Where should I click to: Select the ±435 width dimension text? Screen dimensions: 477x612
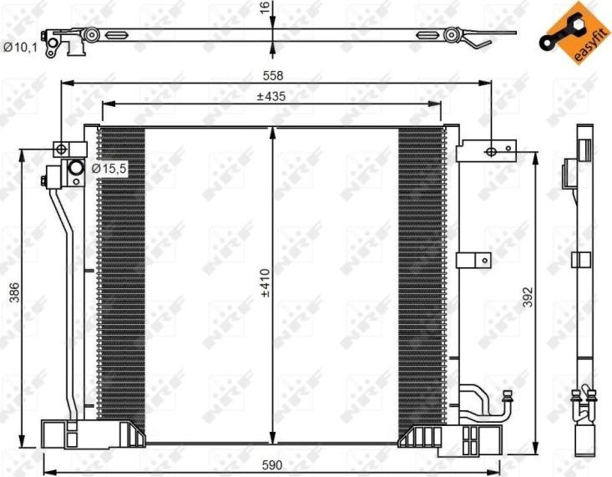[271, 97]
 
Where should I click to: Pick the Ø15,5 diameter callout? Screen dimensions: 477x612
[108, 169]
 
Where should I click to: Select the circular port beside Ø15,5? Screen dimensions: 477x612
[75, 170]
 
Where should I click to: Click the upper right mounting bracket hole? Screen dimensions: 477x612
[491, 152]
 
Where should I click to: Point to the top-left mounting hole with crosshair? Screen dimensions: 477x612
[60, 149]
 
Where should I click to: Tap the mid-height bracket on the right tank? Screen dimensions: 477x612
[473, 260]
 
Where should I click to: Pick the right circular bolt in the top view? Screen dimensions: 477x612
[452, 35]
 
